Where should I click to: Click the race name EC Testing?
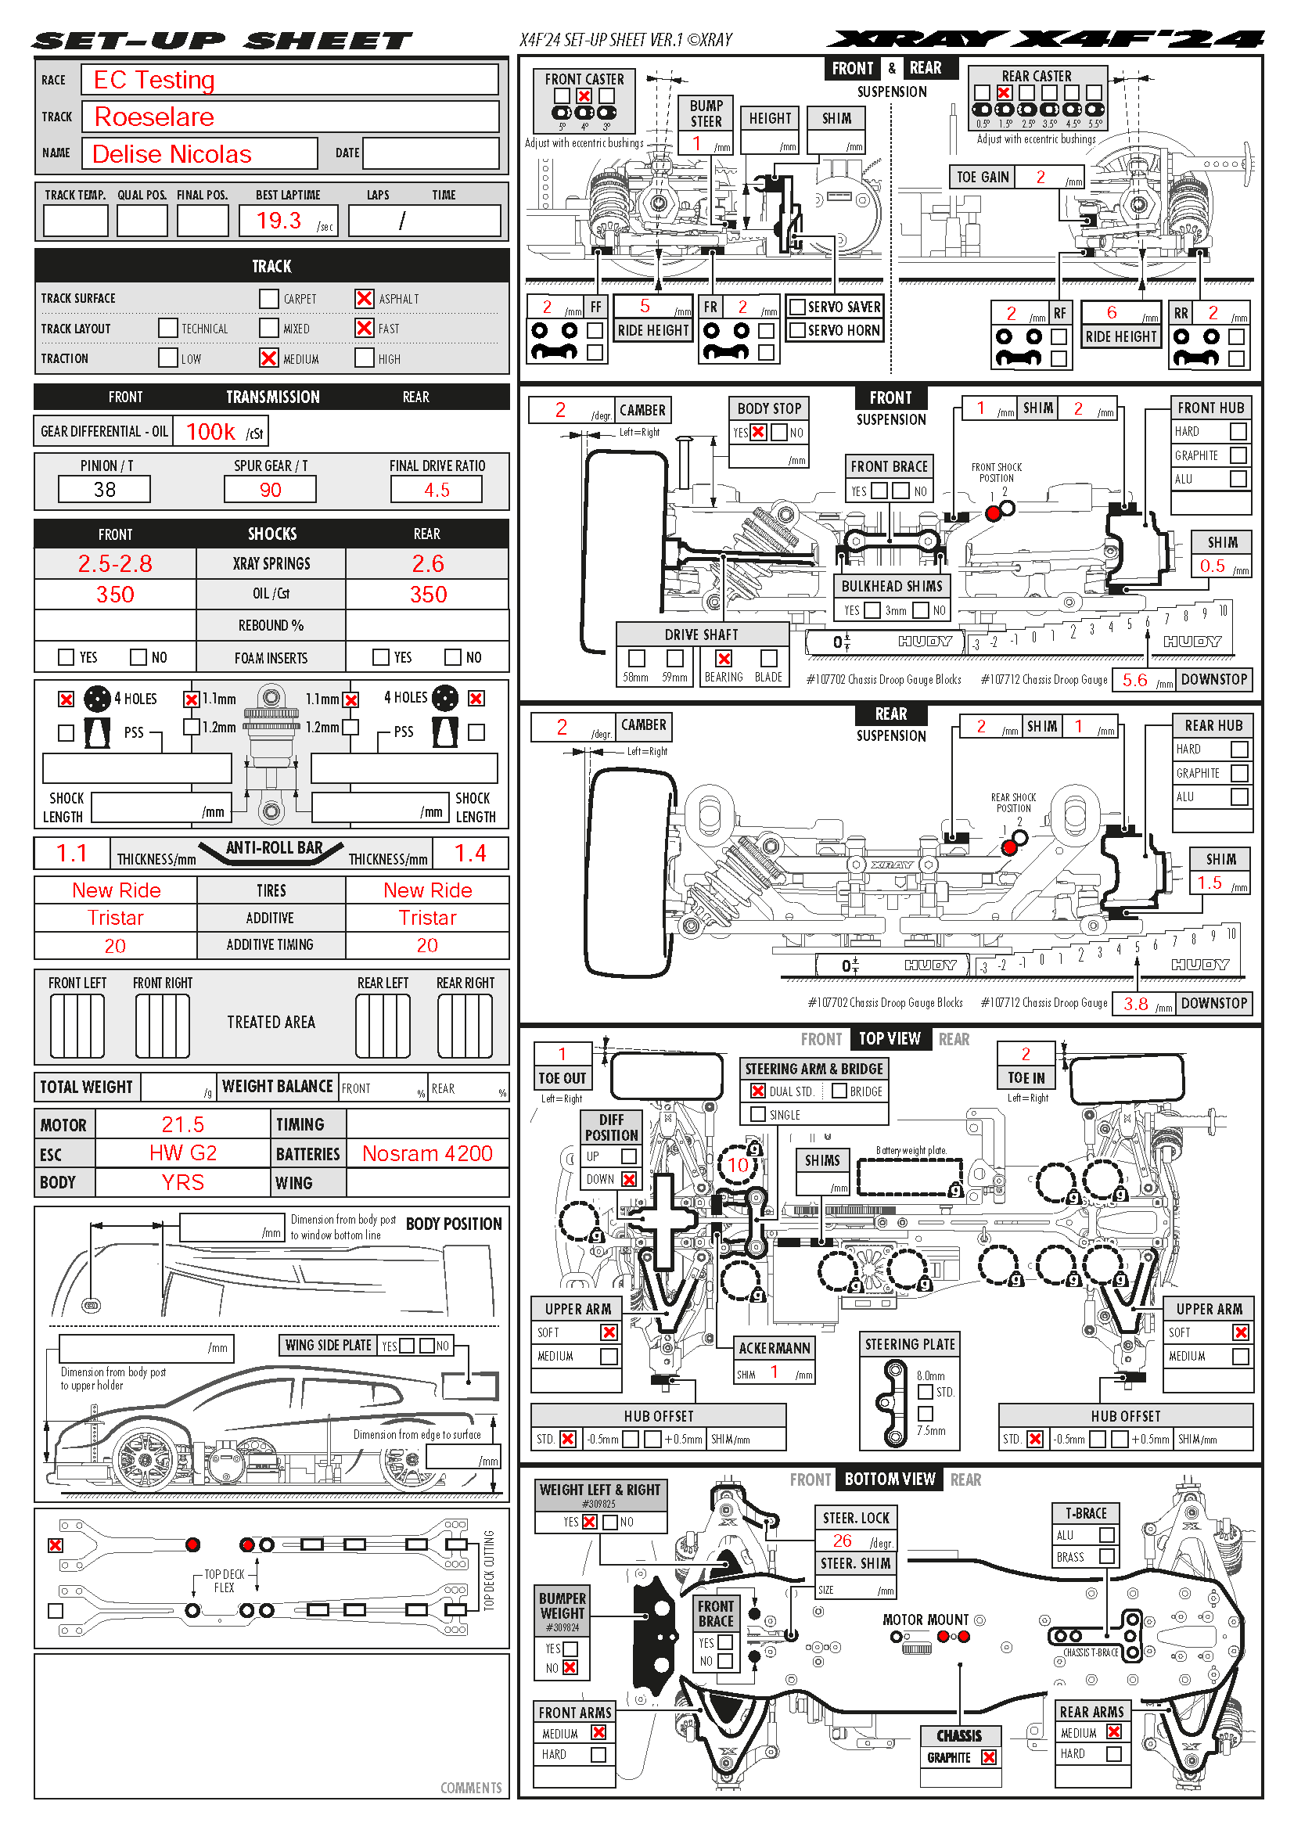(x=154, y=80)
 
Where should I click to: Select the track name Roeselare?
(x=154, y=117)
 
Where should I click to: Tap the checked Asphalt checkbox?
(x=364, y=298)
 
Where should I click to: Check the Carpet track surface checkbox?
(x=268, y=298)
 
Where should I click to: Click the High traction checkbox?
(x=364, y=358)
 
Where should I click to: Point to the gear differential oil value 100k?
(x=210, y=432)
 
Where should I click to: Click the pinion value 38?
(x=104, y=489)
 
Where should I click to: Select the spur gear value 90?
(x=270, y=489)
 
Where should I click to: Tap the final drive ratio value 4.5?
(x=436, y=489)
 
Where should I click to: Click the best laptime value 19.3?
(x=279, y=220)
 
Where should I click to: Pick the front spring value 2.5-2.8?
(x=115, y=563)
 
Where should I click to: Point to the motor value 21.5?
(x=182, y=1124)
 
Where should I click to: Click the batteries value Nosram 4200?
(x=427, y=1153)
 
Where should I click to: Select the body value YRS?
(x=182, y=1182)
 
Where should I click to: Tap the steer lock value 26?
(x=843, y=1541)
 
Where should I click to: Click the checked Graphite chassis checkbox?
(x=989, y=1756)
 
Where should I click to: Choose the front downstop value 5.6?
(x=1134, y=680)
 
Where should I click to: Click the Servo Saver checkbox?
(x=796, y=307)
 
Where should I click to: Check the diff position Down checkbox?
(x=630, y=1179)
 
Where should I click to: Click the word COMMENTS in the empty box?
(x=471, y=1788)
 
